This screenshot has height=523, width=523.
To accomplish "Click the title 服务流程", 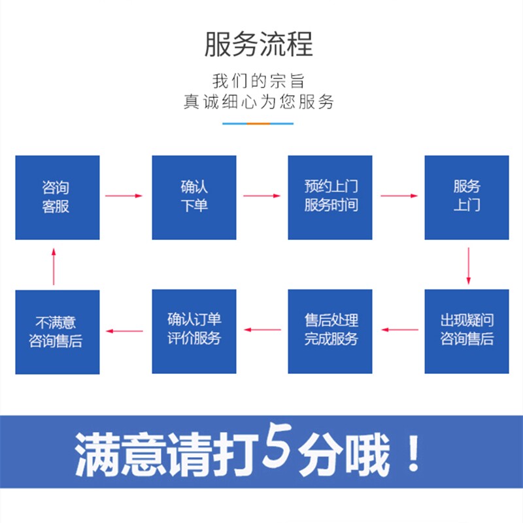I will click(259, 44).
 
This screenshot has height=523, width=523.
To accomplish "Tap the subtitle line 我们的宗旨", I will click(259, 82).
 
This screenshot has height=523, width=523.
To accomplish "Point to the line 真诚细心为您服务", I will click(259, 102).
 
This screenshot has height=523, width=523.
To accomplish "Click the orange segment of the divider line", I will click(259, 123).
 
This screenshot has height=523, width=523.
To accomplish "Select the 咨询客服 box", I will click(58, 197).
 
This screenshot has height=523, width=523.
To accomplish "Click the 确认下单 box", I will click(194, 197).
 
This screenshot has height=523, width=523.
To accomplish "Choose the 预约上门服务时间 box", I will click(330, 197).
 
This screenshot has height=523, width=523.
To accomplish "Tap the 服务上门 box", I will click(467, 197).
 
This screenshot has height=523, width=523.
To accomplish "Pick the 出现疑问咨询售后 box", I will click(467, 331).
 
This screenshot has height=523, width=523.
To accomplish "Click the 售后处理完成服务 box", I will click(330, 331).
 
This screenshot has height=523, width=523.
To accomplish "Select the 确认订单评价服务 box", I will click(194, 331).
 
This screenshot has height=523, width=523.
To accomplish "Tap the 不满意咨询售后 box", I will click(58, 331).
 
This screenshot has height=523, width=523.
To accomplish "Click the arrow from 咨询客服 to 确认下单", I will click(124, 195).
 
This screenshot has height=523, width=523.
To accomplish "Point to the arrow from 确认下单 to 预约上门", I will click(261, 195).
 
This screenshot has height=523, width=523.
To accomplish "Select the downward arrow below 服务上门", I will click(468, 265).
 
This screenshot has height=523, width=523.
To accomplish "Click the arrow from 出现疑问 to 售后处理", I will click(400, 330).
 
